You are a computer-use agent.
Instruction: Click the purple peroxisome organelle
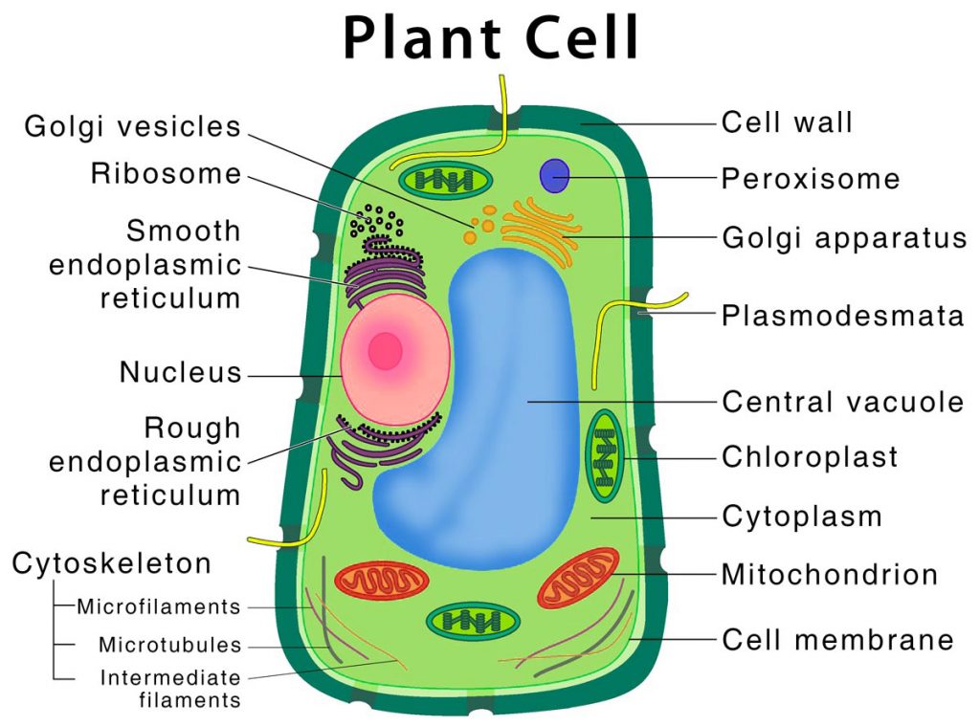point(555,176)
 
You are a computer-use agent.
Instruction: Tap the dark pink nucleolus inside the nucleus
point(386,351)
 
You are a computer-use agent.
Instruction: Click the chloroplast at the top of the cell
point(443,180)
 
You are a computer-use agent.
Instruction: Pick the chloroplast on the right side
point(604,455)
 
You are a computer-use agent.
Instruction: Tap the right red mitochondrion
point(578,577)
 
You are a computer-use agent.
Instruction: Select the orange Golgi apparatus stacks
point(541,230)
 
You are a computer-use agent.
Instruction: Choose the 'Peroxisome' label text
point(811,179)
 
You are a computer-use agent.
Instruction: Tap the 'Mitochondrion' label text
point(829,574)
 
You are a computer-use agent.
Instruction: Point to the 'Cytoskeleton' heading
point(111,563)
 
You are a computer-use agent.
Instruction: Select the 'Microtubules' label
point(169,645)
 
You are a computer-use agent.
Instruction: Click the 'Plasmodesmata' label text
point(842,315)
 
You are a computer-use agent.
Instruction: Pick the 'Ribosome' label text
point(166,174)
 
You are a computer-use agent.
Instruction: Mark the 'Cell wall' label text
point(787,122)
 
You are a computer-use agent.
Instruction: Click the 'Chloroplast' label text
point(810,456)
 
